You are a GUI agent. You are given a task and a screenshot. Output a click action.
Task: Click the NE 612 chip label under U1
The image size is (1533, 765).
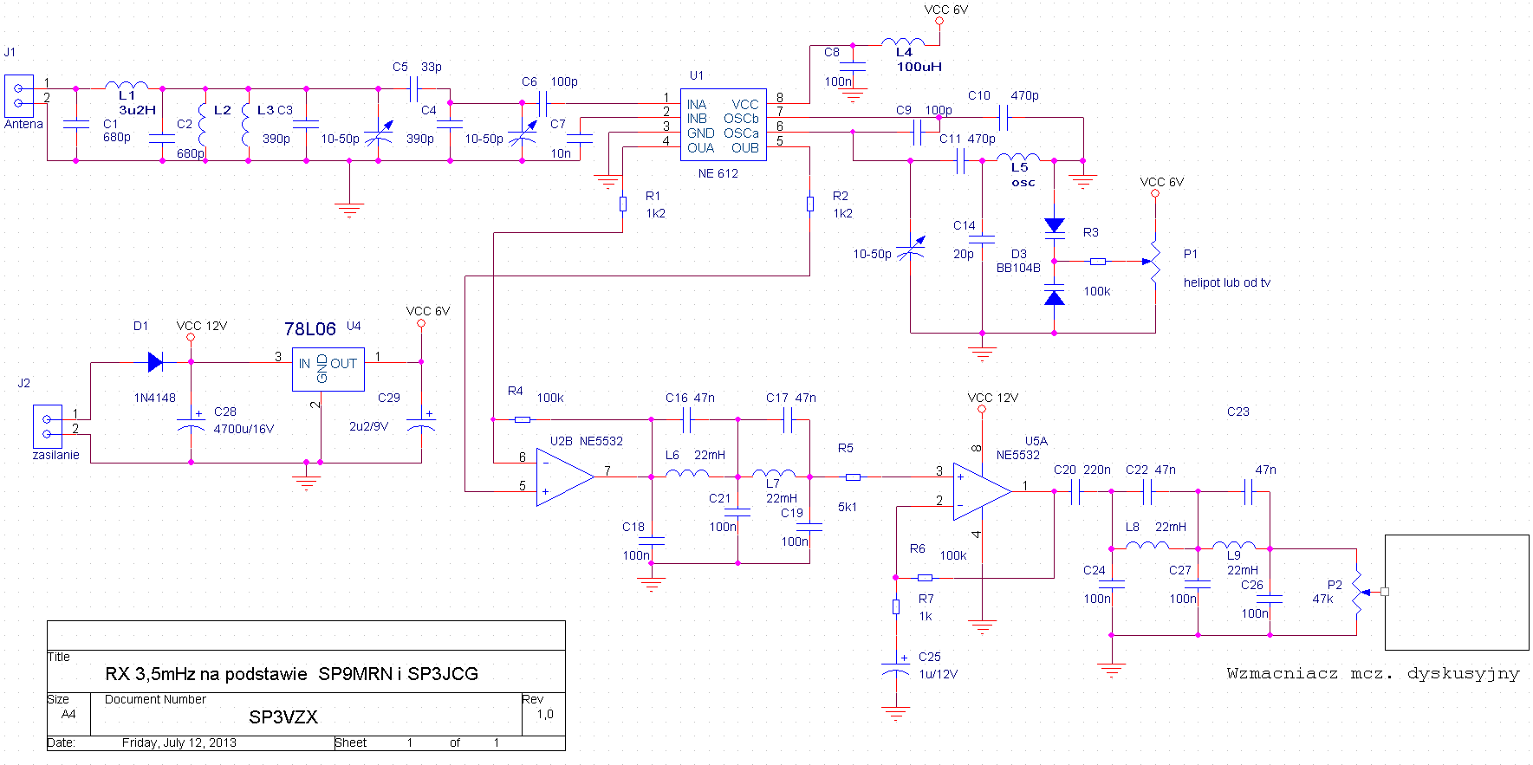[718, 173]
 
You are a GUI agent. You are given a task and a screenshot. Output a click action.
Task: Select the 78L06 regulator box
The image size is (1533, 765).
[328, 370]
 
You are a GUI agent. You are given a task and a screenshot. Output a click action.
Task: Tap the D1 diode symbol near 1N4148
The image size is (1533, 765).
[155, 362]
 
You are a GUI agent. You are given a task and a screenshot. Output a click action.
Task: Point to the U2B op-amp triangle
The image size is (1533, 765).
[563, 477]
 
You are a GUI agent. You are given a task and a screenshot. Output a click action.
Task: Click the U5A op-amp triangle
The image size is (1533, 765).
[980, 491]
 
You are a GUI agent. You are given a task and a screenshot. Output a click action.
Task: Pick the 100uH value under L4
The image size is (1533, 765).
[919, 67]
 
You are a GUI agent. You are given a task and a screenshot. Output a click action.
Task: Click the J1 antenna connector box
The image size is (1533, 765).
[19, 95]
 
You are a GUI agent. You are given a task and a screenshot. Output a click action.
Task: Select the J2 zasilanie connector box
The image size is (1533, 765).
[47, 426]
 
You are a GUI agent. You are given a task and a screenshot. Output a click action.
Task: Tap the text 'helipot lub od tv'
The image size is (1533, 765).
[1226, 282]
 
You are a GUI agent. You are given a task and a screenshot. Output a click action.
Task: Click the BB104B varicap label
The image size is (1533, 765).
[1017, 268]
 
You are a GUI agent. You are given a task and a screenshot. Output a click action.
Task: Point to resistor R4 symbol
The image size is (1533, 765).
[522, 419]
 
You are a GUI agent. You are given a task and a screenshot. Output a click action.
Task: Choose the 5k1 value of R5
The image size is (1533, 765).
[847, 507]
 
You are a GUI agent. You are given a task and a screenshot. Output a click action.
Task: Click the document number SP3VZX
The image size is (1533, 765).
[283, 717]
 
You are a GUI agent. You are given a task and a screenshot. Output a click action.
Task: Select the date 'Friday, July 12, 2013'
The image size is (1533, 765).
[179, 742]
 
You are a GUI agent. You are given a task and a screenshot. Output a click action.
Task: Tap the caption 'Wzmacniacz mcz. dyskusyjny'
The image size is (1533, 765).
[1373, 673]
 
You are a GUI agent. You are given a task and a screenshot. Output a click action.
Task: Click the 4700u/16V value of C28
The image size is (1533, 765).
[244, 429]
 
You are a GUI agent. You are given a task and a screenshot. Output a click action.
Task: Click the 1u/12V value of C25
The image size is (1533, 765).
[938, 674]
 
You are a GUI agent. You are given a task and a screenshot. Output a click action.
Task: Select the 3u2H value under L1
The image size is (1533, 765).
[137, 110]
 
